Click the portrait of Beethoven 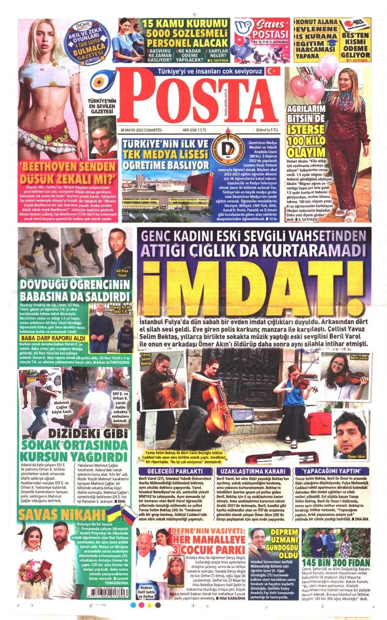click(x=103, y=137)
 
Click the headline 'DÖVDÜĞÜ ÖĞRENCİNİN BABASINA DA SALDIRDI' click(x=75, y=289)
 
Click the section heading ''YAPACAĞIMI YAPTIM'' click(x=332, y=471)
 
